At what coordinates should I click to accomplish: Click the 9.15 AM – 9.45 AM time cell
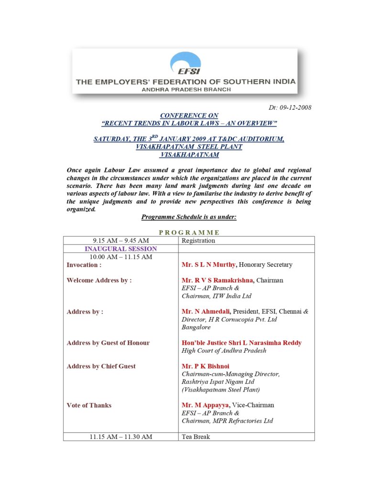click(121, 241)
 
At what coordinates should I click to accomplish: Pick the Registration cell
click(198, 241)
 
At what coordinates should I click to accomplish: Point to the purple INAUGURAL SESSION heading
click(121, 249)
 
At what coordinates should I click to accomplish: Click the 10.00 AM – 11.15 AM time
click(121, 257)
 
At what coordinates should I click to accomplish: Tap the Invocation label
click(84, 265)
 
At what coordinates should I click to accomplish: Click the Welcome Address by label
click(99, 280)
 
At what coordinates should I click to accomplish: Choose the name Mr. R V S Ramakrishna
click(217, 280)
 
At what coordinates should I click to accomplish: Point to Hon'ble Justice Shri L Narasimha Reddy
click(241, 343)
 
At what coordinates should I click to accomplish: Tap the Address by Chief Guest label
click(101, 366)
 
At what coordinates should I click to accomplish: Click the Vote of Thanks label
click(89, 405)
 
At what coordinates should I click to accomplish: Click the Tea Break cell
click(196, 436)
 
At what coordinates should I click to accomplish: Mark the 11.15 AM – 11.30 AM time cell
click(121, 436)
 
